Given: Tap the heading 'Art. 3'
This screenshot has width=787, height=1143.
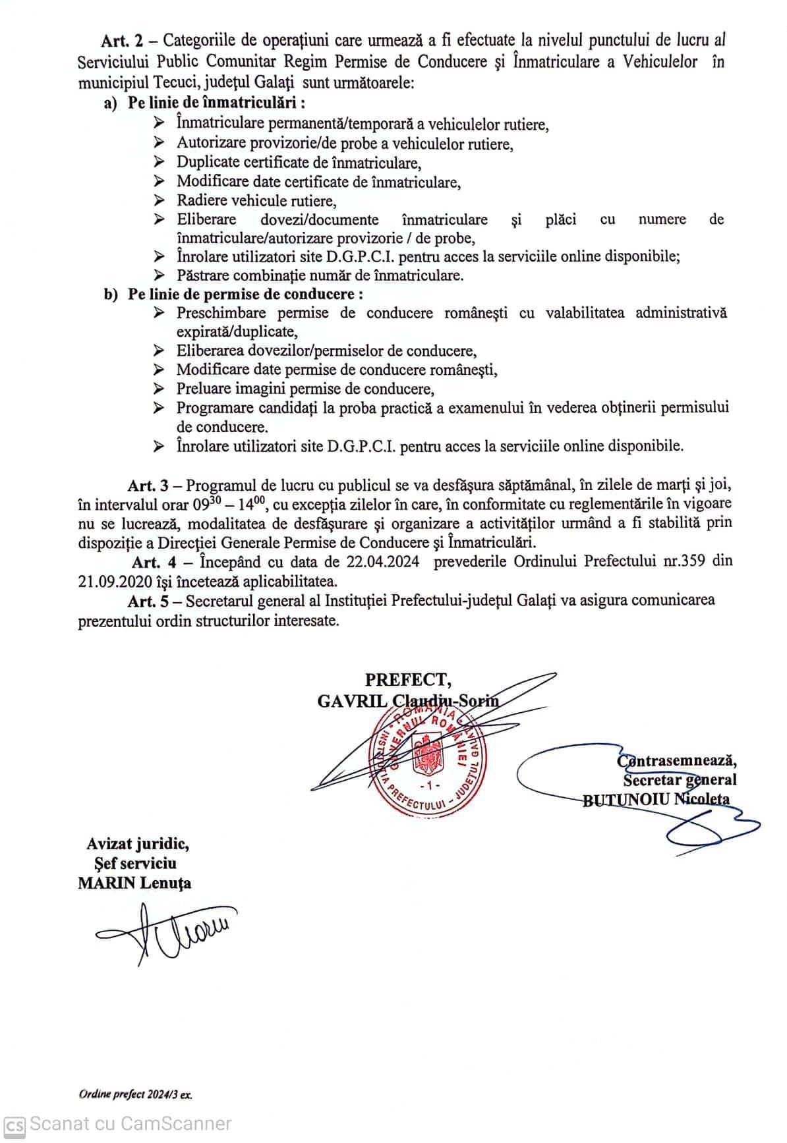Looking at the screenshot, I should pos(150,486).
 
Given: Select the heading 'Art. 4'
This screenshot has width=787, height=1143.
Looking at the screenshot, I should pos(154,562).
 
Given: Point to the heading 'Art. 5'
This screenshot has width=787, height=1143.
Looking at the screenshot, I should pos(150,600).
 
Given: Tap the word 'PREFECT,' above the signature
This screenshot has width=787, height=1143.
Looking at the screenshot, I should pos(409,680).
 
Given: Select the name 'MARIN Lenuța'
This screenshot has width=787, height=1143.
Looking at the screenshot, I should pos(134,883).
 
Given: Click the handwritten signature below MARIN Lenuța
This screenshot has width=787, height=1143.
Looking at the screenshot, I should pos(165,931).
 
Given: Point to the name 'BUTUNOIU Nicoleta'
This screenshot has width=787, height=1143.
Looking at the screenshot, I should pos(656,799).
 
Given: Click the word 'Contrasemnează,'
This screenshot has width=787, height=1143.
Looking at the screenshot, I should pos(677,761).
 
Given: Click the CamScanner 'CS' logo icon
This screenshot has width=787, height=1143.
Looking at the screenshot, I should pos(15,1124).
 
